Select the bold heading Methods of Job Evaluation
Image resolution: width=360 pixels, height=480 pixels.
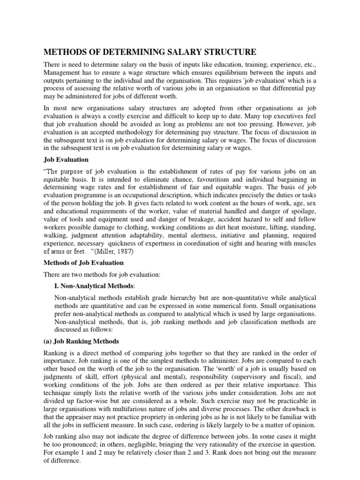pos(83,262)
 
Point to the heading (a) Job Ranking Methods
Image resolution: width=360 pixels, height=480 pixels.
pos(81,341)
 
